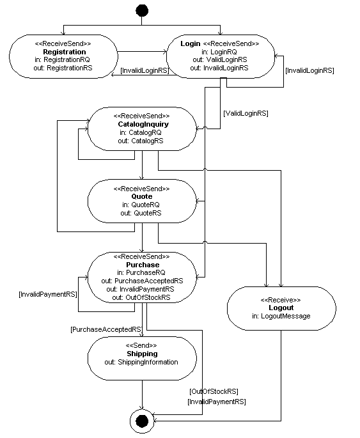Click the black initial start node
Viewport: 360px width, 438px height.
tap(142, 10)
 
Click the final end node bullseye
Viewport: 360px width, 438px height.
tap(142, 420)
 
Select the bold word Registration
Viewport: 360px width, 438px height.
tap(64, 52)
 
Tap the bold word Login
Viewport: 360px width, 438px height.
tap(191, 43)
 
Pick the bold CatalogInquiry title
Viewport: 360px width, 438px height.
tap(142, 124)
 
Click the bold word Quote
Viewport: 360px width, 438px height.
tap(142, 197)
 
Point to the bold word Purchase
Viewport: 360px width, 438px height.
tap(142, 264)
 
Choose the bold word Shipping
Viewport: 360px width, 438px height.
tap(142, 354)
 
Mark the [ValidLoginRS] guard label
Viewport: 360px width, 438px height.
tap(246, 113)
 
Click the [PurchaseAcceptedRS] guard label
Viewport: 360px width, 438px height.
tap(106, 329)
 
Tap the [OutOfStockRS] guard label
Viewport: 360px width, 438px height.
tap(213, 391)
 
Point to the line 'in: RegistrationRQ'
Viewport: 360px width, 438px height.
tap(64, 59)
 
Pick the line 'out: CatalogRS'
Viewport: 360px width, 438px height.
tap(142, 140)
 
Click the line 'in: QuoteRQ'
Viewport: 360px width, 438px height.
tap(142, 205)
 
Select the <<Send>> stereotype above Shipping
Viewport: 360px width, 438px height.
tap(142, 345)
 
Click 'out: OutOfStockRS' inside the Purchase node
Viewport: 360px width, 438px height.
tap(142, 297)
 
